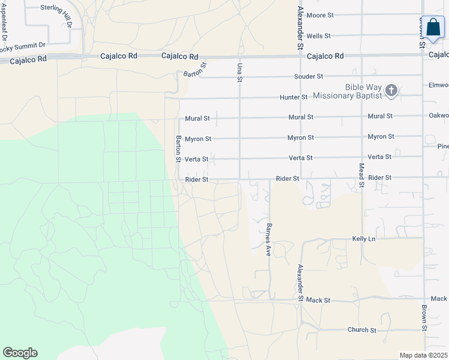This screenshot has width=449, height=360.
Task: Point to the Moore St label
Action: pyautogui.click(x=319, y=14)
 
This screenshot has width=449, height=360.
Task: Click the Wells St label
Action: pyautogui.click(x=318, y=36)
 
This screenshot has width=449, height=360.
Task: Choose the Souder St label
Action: pyautogui.click(x=309, y=77)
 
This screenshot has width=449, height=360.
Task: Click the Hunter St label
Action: pyautogui.click(x=294, y=97)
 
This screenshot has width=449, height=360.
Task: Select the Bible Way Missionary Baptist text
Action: pyautogui.click(x=364, y=91)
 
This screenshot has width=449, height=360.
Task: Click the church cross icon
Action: pyautogui.click(x=391, y=91)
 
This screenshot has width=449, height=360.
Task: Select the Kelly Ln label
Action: pyautogui.click(x=363, y=239)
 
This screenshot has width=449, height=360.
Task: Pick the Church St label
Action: pyautogui.click(x=361, y=330)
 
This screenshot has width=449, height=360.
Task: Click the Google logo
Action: pyautogui.click(x=20, y=353)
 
